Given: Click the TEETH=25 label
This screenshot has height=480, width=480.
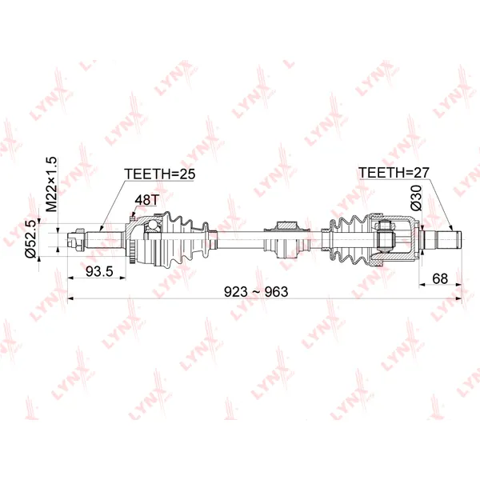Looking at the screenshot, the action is click(x=159, y=174).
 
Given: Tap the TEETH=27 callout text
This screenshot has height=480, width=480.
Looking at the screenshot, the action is click(x=394, y=173).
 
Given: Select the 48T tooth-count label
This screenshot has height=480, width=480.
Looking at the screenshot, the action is click(x=147, y=200).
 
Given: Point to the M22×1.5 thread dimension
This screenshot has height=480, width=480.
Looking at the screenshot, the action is click(x=51, y=184).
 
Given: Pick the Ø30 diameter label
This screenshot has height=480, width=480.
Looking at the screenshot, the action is click(x=416, y=198).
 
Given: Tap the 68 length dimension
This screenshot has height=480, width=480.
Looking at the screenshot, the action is click(x=440, y=278).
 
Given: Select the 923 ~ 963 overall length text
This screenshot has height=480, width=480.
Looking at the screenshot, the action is click(x=256, y=292).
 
